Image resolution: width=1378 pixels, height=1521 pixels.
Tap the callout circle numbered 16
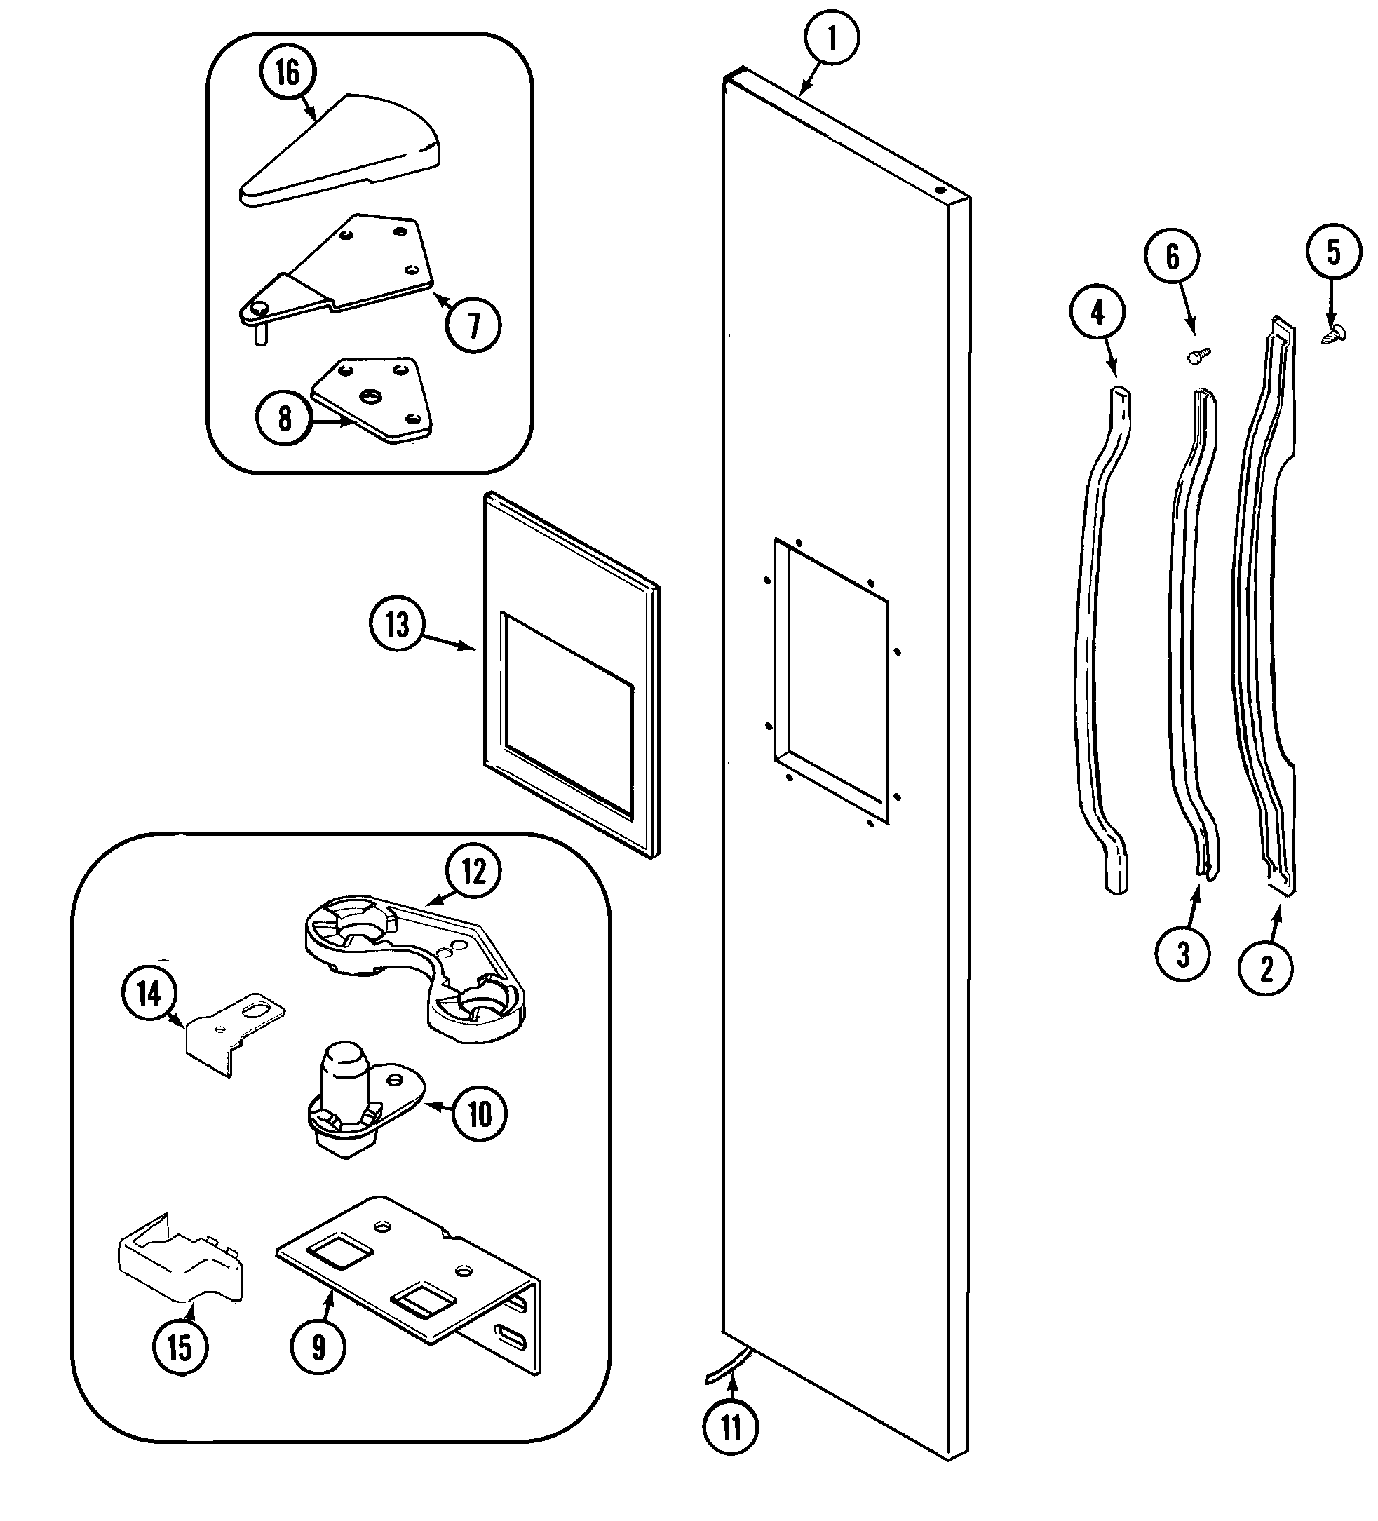pyautogui.click(x=287, y=72)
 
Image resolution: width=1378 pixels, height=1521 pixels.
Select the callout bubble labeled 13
pyautogui.click(x=397, y=625)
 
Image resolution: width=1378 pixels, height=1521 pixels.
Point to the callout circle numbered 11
pyautogui.click(x=731, y=1428)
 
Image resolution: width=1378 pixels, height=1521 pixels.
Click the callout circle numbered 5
pyautogui.click(x=1334, y=252)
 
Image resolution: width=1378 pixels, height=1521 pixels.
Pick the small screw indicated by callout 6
pyautogui.click(x=1198, y=356)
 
